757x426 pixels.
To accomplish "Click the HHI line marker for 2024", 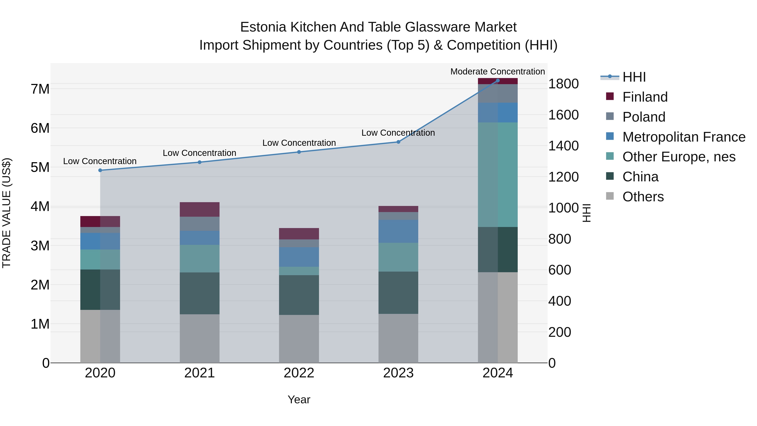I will (x=498, y=81).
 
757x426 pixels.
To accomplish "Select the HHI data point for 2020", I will (x=100, y=170).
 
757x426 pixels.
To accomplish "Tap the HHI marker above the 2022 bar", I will (x=299, y=152).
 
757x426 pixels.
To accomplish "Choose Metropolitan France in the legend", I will (x=684, y=137).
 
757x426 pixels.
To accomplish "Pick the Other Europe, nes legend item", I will (x=679, y=157).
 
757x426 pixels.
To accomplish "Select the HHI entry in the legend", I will (x=634, y=77).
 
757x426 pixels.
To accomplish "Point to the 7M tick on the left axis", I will (x=40, y=89).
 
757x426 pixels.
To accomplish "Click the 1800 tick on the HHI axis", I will (x=563, y=84).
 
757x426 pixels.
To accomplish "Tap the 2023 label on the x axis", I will (x=398, y=373).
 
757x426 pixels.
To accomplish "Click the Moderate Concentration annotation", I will (x=498, y=72).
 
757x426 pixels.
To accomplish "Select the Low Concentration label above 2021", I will (x=199, y=153).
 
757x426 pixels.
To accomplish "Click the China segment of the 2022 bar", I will (x=299, y=295).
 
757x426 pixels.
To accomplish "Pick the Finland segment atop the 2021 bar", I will (x=200, y=209).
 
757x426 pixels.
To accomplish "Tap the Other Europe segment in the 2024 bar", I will (x=498, y=175).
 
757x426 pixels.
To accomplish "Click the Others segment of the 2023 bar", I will (x=398, y=338).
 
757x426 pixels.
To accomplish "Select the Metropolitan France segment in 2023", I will (x=398, y=231).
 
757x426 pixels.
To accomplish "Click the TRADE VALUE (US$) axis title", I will (x=7, y=213).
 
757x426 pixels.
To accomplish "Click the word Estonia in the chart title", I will (x=263, y=27).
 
